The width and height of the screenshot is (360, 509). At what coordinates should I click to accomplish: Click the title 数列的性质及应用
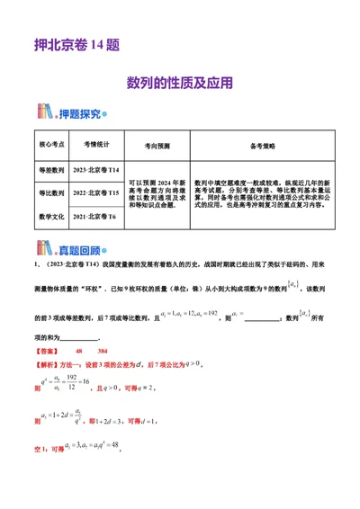(180, 82)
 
